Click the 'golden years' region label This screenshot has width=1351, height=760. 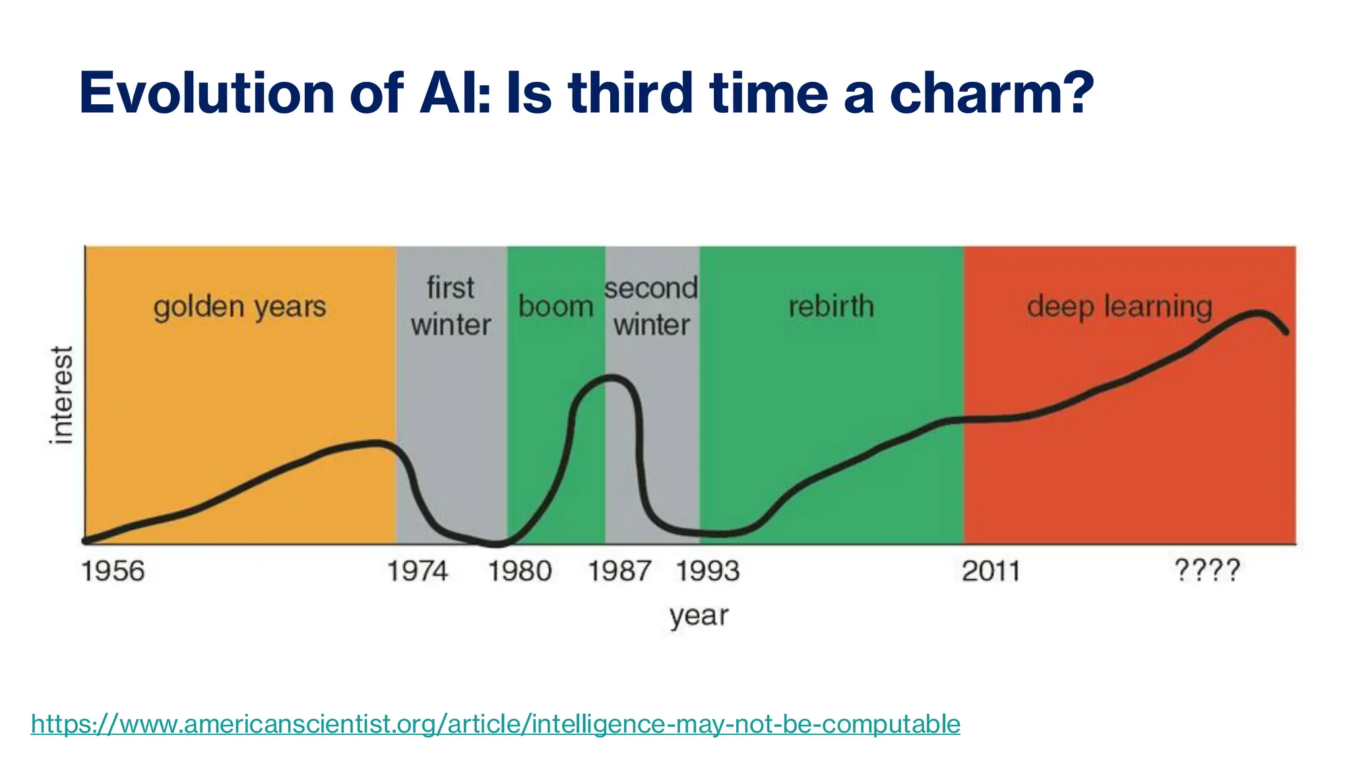pyautogui.click(x=239, y=307)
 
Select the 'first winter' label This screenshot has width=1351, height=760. pyautogui.click(x=451, y=307)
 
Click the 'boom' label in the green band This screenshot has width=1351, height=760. pyautogui.click(x=555, y=307)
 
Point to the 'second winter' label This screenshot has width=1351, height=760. pyautogui.click(x=651, y=307)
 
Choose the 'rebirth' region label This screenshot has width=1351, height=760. pyautogui.click(x=831, y=307)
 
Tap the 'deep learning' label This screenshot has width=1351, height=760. pyautogui.click(x=1119, y=307)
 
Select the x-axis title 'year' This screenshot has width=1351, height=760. pyautogui.click(x=699, y=616)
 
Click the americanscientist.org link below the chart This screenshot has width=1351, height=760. pyautogui.click(x=495, y=724)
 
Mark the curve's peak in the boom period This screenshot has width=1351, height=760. pyautogui.click(x=612, y=378)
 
